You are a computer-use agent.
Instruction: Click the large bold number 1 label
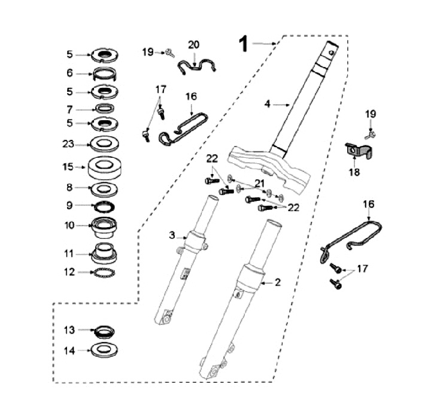tap(244, 44)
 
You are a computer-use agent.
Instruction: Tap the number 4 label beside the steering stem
tap(268, 104)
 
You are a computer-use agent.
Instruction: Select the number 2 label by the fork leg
tap(278, 282)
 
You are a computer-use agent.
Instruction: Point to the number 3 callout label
tap(172, 235)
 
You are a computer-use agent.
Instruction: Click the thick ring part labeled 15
tap(104, 167)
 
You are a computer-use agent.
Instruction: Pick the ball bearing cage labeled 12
tap(104, 273)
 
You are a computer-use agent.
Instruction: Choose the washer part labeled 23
tap(105, 144)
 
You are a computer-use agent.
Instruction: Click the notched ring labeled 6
tap(104, 74)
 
